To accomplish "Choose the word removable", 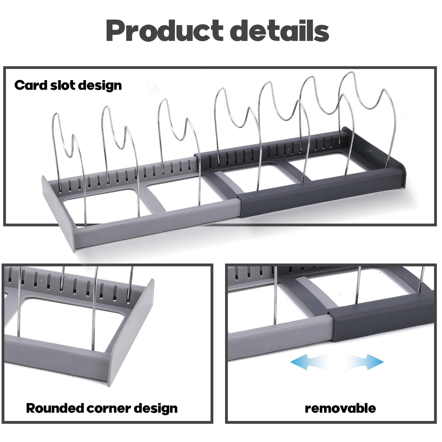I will coord(340,408).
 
